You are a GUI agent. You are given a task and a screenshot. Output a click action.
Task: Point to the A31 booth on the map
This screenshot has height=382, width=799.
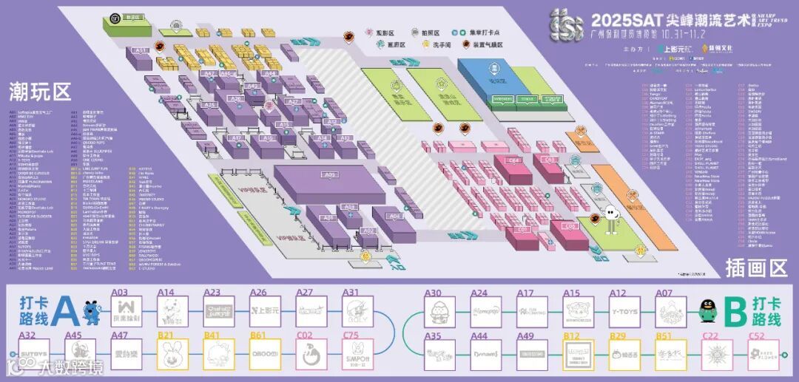coord(139,51)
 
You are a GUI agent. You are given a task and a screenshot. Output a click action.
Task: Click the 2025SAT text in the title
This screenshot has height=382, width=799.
coord(618,19)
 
